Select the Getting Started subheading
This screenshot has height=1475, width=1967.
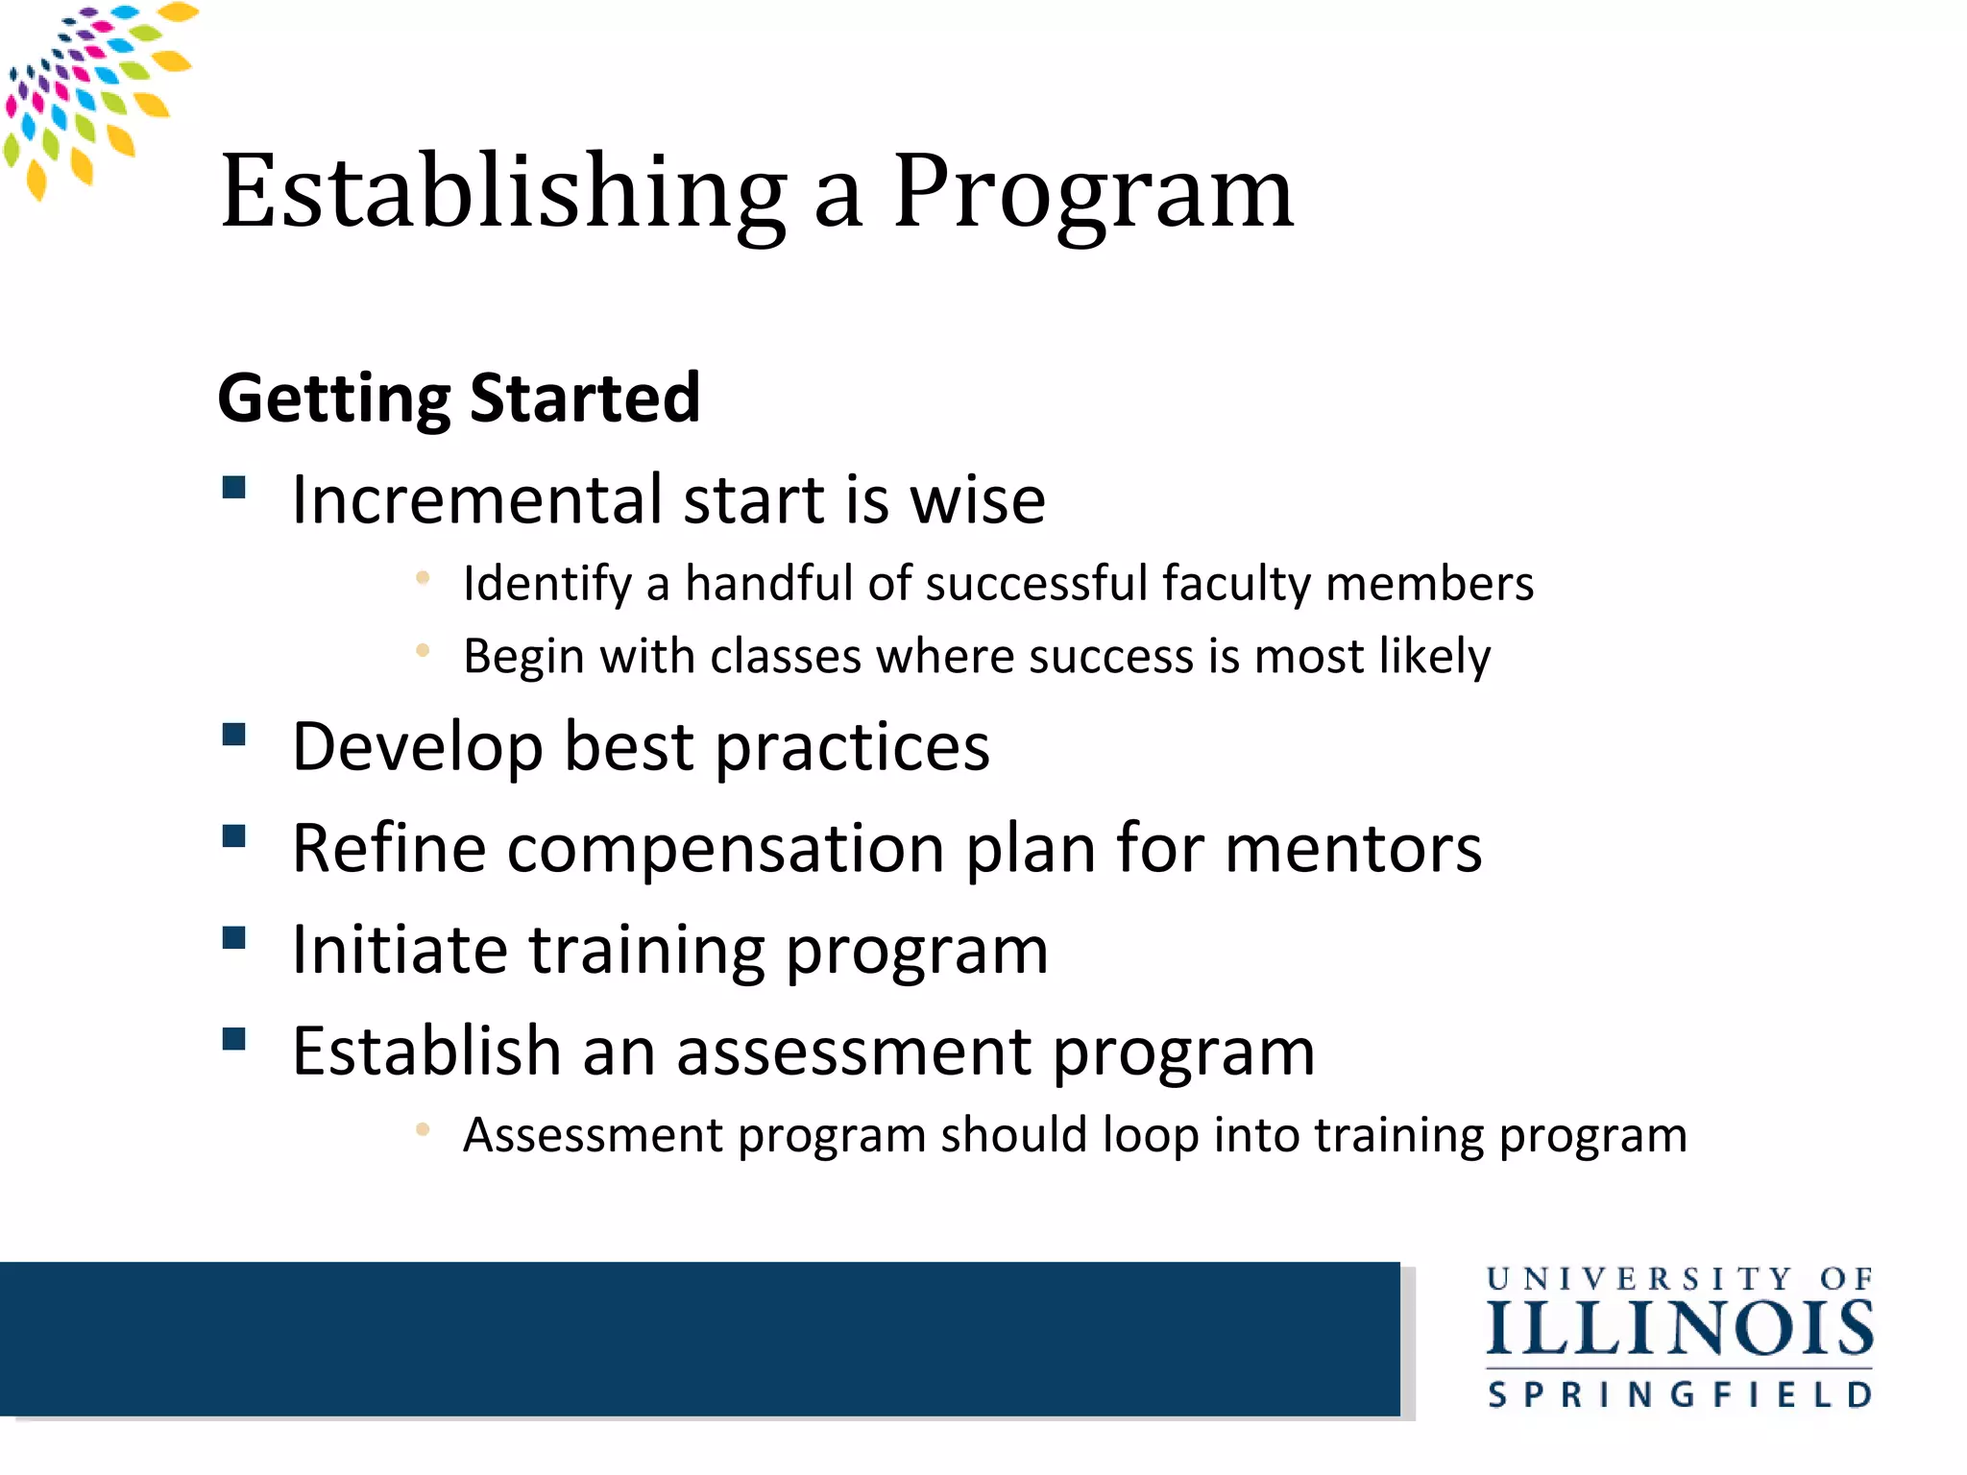[x=459, y=398]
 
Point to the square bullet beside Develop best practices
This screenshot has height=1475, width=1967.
[x=234, y=736]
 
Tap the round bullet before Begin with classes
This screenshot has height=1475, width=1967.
[x=423, y=650]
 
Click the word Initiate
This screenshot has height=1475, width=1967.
[x=400, y=950]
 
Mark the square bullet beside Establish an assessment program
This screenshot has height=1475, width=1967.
[x=234, y=1039]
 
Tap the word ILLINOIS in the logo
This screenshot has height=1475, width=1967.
[x=1680, y=1330]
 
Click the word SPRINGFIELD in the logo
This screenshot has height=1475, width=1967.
[x=1680, y=1394]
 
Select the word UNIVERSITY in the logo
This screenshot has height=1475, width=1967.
[x=1639, y=1280]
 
